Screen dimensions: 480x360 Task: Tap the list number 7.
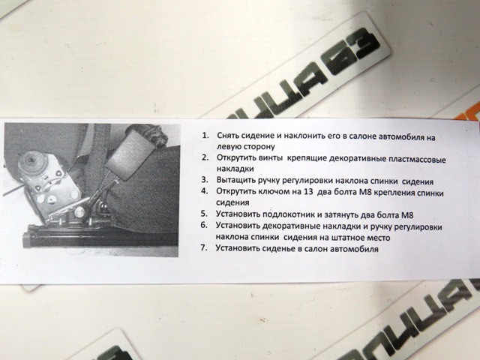tap(204, 247)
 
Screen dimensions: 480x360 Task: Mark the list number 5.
tap(204, 213)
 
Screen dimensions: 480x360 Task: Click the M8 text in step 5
tap(407, 215)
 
